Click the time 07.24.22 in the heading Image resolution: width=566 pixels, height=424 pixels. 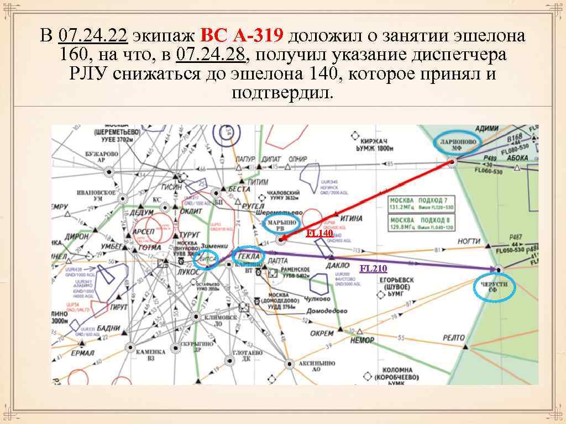click(93, 36)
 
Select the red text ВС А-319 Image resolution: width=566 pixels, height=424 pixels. click(242, 36)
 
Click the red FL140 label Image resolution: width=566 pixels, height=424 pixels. click(319, 233)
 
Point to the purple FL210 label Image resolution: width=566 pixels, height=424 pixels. click(373, 269)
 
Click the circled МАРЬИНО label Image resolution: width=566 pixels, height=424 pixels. click(281, 223)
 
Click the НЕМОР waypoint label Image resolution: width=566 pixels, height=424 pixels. click(363, 340)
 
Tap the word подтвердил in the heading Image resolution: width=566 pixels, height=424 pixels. click(283, 93)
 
